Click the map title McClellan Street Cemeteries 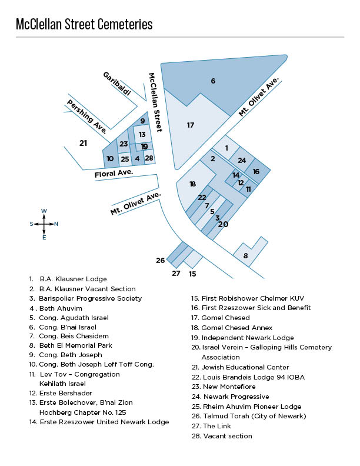coord(84,24)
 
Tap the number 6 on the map coord(213,81)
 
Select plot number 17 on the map coord(191,125)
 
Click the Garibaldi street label coord(116,84)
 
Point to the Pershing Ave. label coord(86,116)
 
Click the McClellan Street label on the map coord(156,102)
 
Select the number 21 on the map coord(83,143)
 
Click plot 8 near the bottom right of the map coord(245,255)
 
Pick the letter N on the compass coord(56,224)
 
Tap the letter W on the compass coord(44,211)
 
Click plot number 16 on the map coord(256,171)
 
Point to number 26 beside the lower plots coord(161,260)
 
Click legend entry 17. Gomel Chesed coord(221,318)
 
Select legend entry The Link coord(211,426)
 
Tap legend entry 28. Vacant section coord(222,436)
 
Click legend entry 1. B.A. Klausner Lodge coord(68,279)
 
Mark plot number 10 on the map coord(110,159)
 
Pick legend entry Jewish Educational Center coord(241,367)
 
